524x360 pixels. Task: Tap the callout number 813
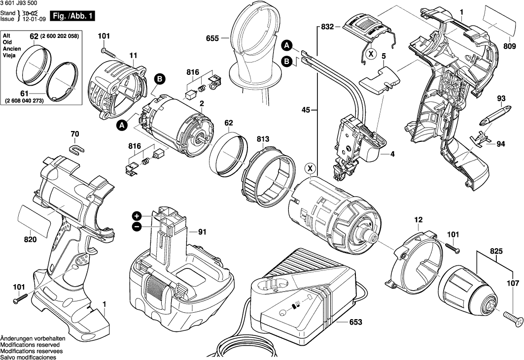coord(263,139)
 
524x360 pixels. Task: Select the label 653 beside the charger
coord(355,323)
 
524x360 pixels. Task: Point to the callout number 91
coord(202,231)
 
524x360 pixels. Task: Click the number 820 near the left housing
coord(30,240)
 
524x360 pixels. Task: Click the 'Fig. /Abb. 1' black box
coord(74,16)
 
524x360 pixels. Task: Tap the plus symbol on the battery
coord(137,216)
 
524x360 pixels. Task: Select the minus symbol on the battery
coord(137,227)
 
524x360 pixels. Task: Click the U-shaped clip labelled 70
coord(76,147)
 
